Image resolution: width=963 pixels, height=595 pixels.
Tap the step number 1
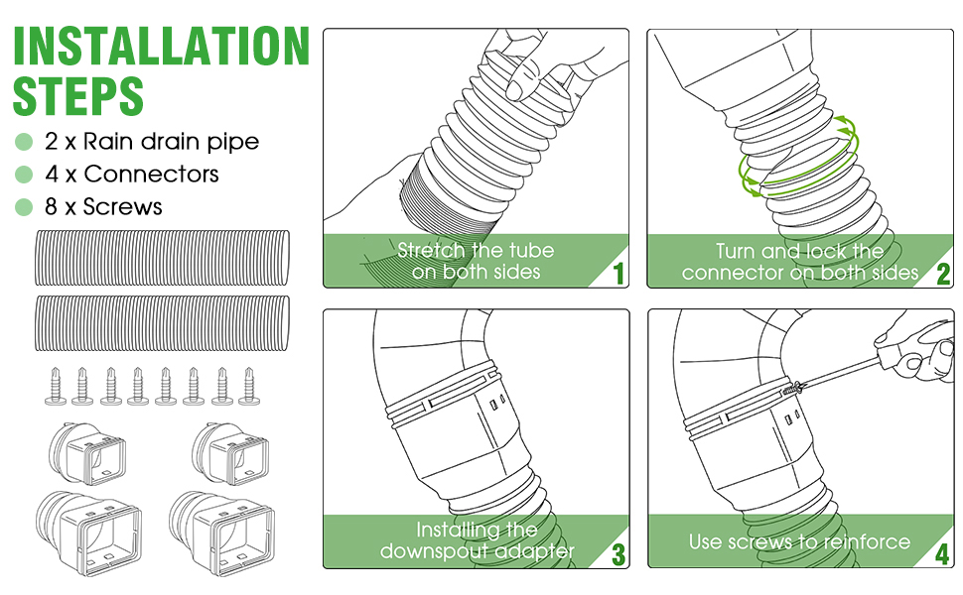(619, 273)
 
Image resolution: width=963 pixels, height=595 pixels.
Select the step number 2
(943, 273)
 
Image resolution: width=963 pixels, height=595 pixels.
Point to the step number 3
(619, 553)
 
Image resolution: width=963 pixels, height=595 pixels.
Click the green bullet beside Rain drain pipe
(25, 142)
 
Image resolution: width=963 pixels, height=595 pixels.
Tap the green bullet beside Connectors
(25, 175)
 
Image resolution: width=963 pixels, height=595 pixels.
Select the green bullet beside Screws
(25, 207)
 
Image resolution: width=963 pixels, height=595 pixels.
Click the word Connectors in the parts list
(151, 175)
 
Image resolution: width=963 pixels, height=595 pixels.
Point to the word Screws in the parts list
(122, 207)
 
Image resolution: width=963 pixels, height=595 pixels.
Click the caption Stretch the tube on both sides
(476, 261)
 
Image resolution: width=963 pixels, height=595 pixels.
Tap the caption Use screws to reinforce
(799, 541)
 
